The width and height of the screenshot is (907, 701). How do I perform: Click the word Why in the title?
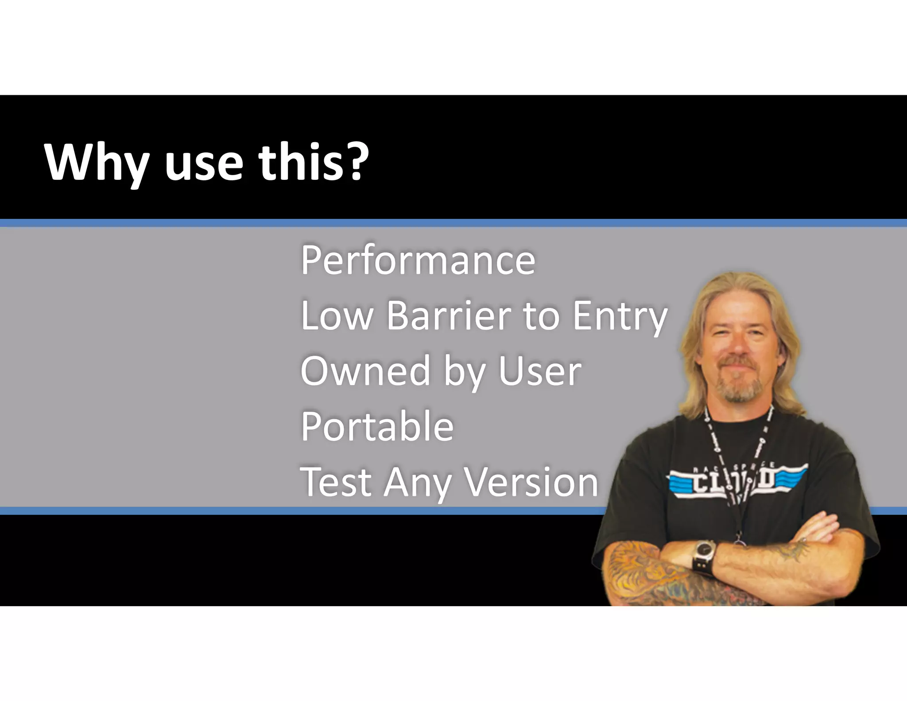[95, 162]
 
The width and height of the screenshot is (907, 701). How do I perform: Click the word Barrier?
[449, 316]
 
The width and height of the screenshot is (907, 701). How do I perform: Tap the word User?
[539, 371]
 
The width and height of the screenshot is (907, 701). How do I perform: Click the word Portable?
[377, 426]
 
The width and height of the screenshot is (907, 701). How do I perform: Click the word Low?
[337, 316]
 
